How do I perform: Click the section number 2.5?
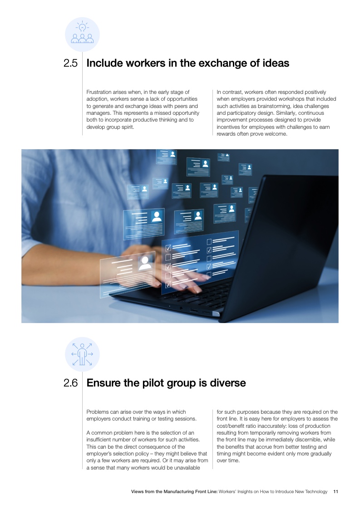pos(70,63)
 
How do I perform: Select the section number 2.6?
pos(70,383)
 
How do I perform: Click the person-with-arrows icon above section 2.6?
pos(82,354)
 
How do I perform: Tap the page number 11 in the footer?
pos(335,491)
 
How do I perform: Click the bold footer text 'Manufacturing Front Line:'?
pos(190,491)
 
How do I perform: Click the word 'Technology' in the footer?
pos(316,491)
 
